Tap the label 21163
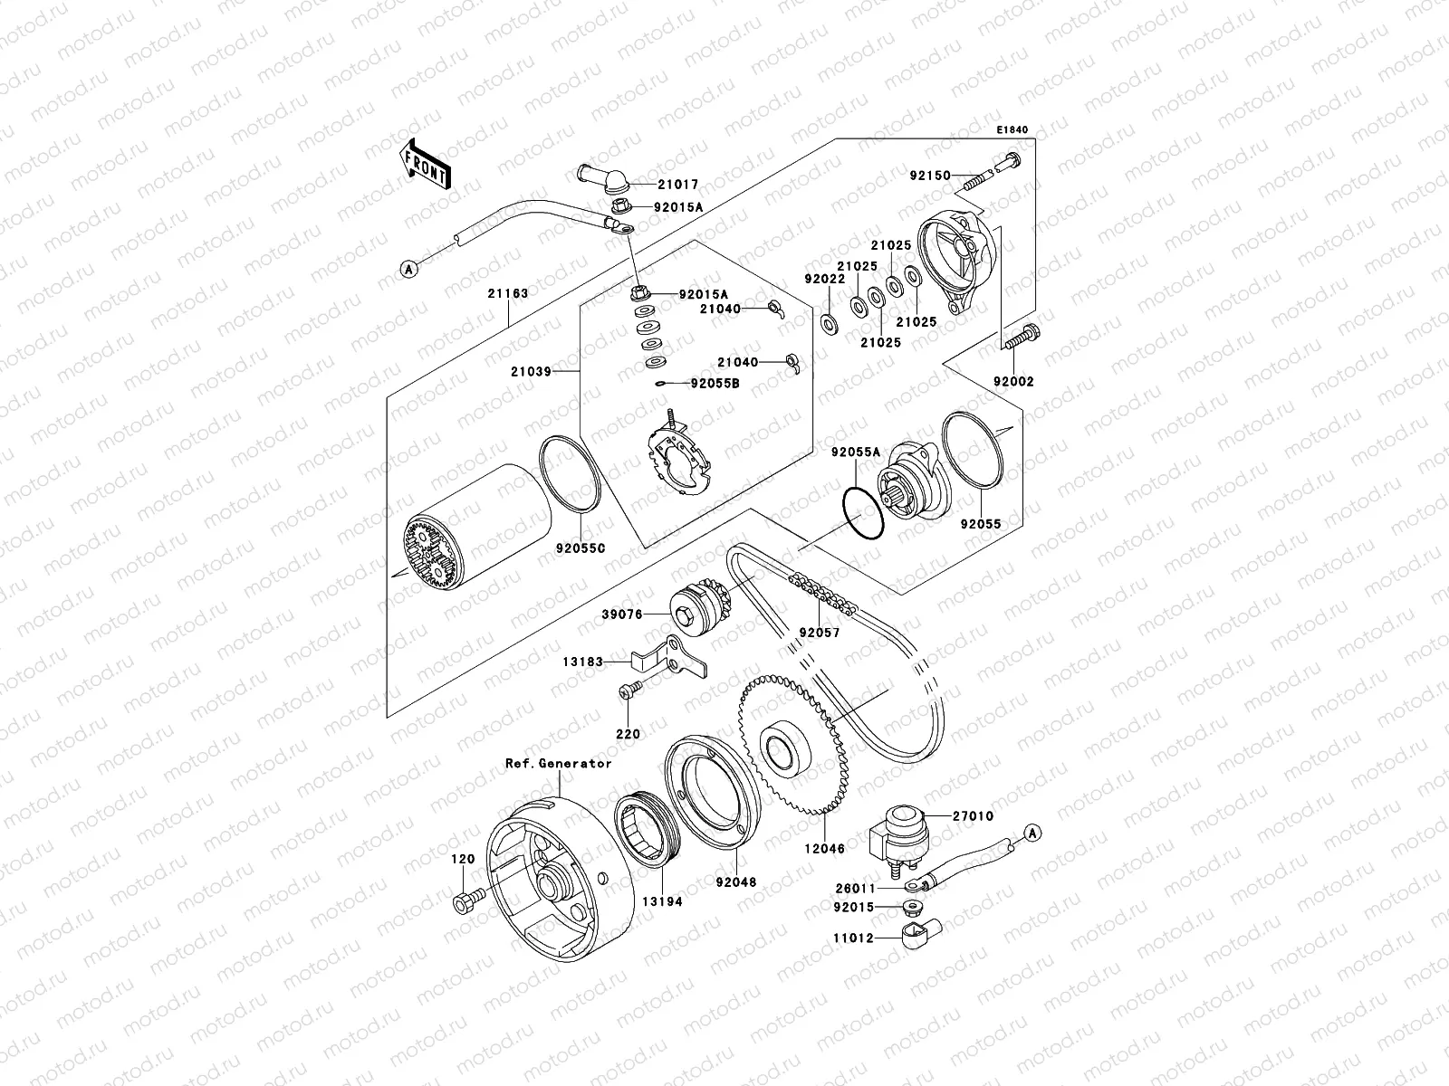(507, 294)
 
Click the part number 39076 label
(622, 614)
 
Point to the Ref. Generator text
(558, 763)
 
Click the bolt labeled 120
(465, 902)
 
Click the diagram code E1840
(1013, 130)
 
